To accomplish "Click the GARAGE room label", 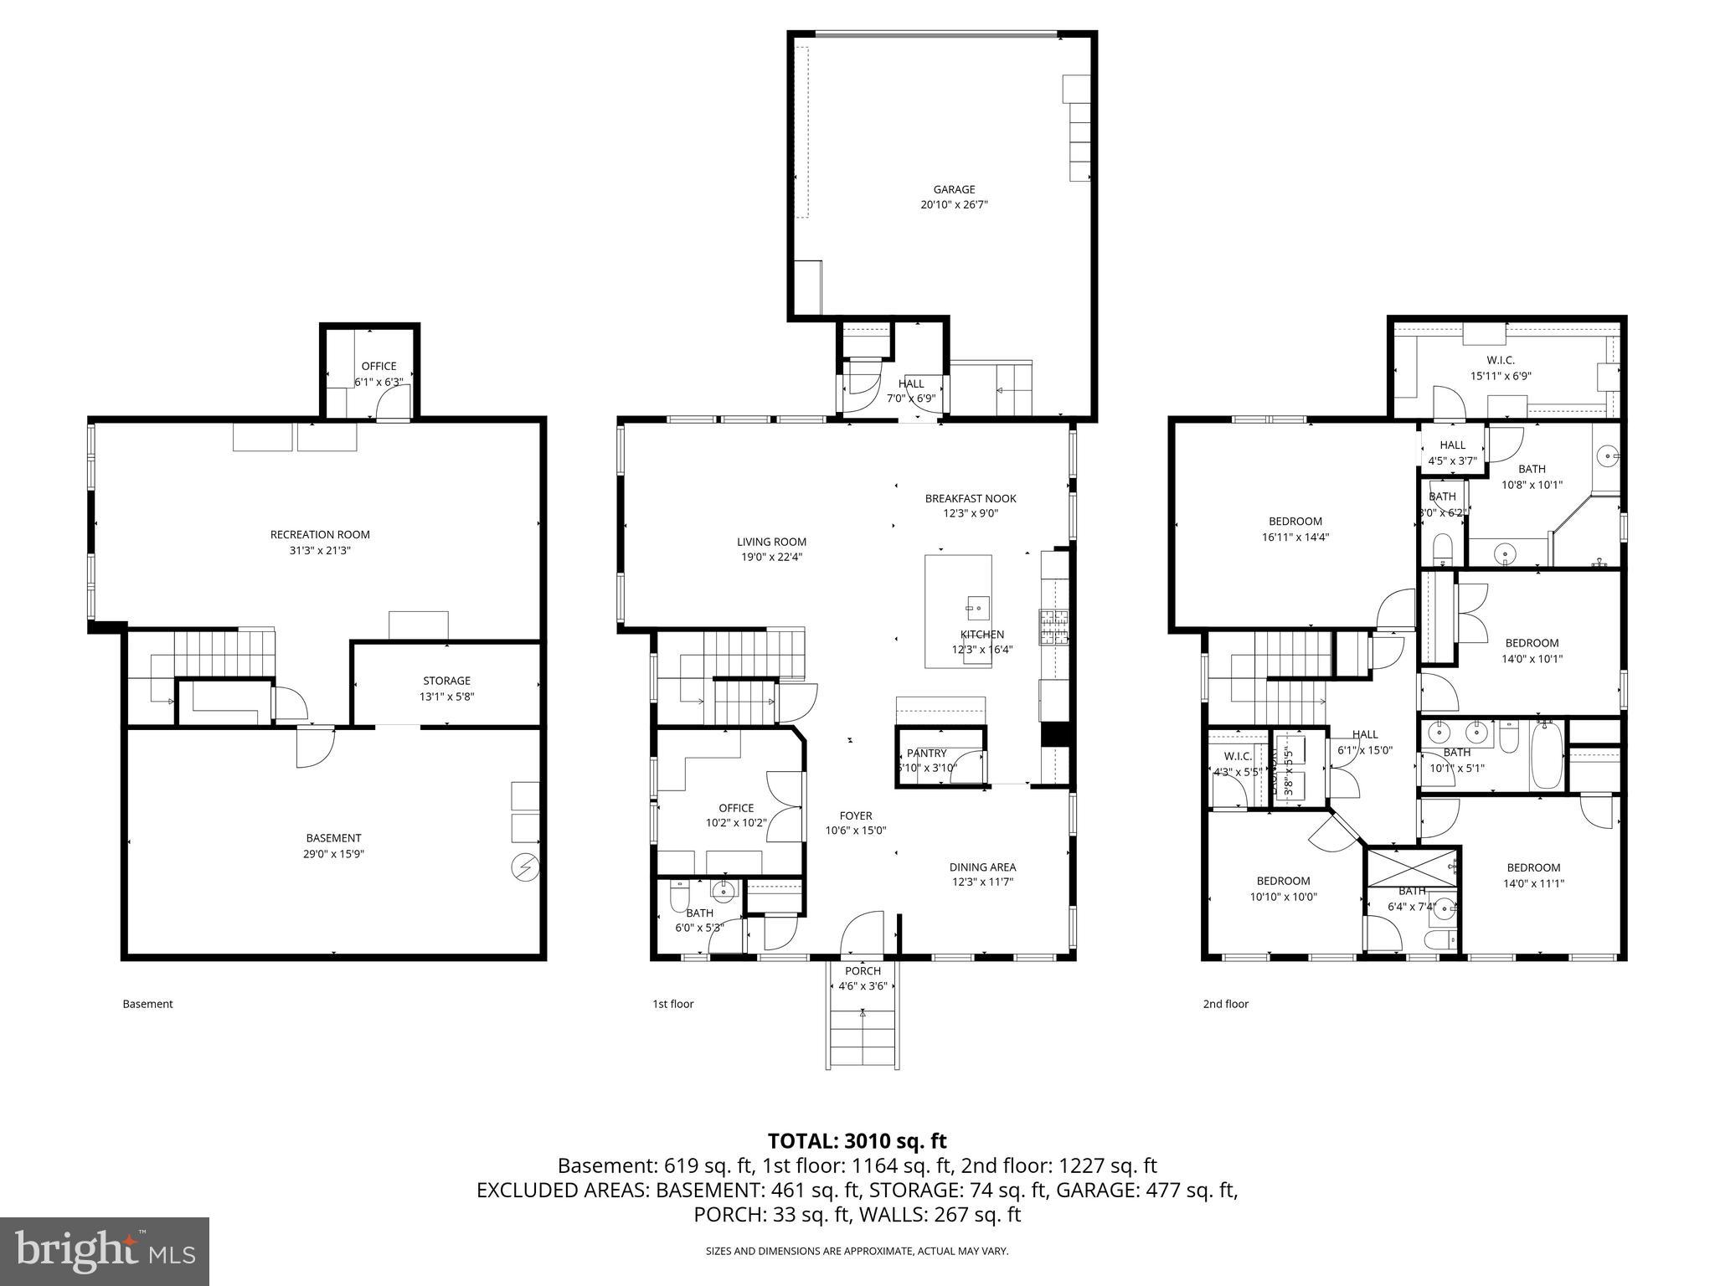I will point(954,189).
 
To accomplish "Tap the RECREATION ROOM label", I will point(320,534).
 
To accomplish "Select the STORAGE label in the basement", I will point(446,681).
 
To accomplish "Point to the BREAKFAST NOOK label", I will point(970,498).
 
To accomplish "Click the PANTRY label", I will point(926,754).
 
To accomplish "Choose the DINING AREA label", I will point(982,867).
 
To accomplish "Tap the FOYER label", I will point(855,815).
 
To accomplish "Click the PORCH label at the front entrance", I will point(862,971).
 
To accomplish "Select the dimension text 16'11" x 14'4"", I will point(1295,538).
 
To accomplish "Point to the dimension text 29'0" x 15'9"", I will point(333,854).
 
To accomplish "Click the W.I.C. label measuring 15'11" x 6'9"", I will point(1501,360).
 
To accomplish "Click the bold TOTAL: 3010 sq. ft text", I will point(857,1140).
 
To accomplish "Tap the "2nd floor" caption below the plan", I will point(1225,1004).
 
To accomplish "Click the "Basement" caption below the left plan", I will point(147,1004).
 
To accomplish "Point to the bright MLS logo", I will point(105,1251).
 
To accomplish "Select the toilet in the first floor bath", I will point(679,899).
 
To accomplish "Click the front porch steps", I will point(863,1038).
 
